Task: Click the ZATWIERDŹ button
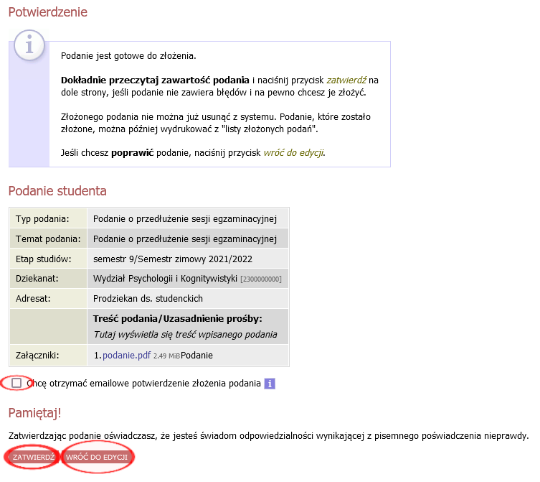pyautogui.click(x=33, y=457)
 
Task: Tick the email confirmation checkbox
pyautogui.click(x=16, y=383)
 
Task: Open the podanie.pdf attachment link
pyautogui.click(x=126, y=355)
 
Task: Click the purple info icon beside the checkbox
pyautogui.click(x=270, y=384)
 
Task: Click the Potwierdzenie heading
pyautogui.click(x=47, y=12)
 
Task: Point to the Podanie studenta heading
pyautogui.click(x=57, y=190)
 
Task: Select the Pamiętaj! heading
pyautogui.click(x=35, y=412)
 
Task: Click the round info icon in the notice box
pyautogui.click(x=29, y=46)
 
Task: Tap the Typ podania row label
pyautogui.click(x=42, y=218)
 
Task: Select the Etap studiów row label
pyautogui.click(x=43, y=259)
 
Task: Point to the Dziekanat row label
pyautogui.click(x=37, y=278)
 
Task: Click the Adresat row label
pyautogui.click(x=33, y=298)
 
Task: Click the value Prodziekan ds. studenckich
pyautogui.click(x=148, y=298)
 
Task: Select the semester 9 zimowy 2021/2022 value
pyautogui.click(x=173, y=259)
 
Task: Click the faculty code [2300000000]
pyautogui.click(x=261, y=279)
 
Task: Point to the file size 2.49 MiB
pyautogui.click(x=166, y=356)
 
